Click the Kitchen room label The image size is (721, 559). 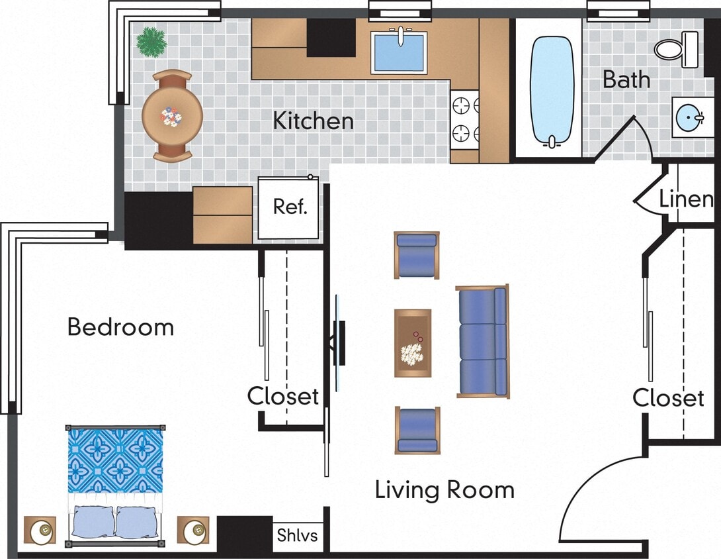[313, 121]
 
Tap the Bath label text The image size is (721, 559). [626, 80]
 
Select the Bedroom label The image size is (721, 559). [120, 327]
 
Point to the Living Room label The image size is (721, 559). [445, 490]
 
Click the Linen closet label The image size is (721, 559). [686, 199]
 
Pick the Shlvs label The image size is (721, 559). [297, 535]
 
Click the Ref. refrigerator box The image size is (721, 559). [290, 207]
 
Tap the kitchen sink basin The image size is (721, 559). [400, 53]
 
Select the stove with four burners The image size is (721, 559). [465, 119]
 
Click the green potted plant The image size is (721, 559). [151, 41]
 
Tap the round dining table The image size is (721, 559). [172, 116]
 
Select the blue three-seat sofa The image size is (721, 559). [482, 341]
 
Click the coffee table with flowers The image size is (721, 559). [413, 343]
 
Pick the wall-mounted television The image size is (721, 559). [339, 342]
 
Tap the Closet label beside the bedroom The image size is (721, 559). [283, 396]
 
